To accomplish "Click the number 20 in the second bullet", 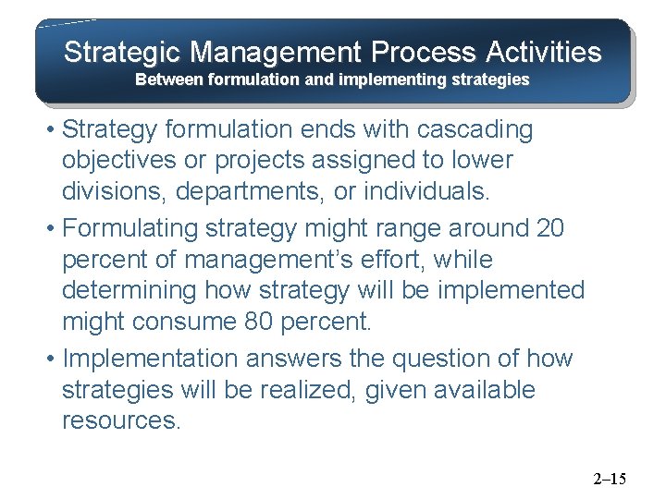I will coord(549,228).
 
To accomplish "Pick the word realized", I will coord(299,390).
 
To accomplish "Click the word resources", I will coord(122,420).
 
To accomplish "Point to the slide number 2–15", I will coord(609,479).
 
